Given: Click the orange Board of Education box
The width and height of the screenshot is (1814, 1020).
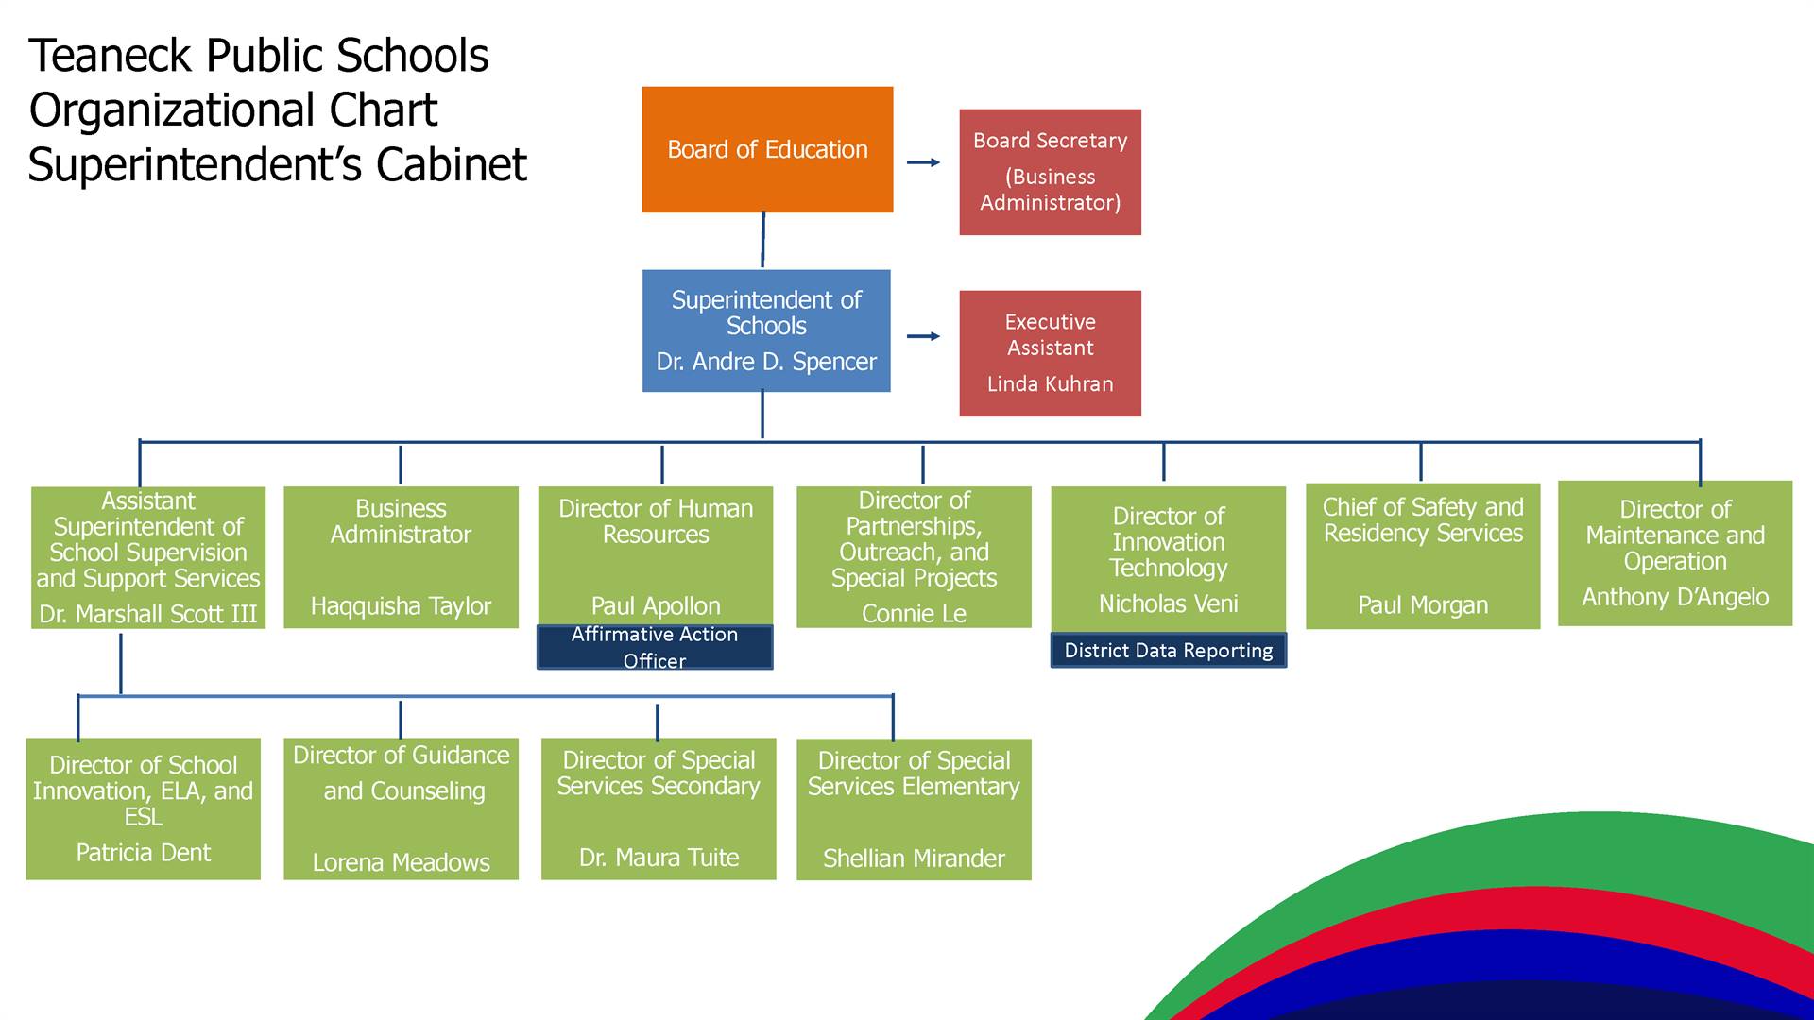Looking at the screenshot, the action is [767, 149].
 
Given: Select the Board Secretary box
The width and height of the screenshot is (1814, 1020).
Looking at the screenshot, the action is [1050, 172].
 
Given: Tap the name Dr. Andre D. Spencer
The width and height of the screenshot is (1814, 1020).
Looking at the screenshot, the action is [766, 362].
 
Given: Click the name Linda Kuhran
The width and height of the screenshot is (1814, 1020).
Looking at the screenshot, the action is [1050, 384].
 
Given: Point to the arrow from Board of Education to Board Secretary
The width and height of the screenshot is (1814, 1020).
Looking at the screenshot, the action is [923, 162].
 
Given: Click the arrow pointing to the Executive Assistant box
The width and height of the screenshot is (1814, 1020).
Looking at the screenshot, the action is [923, 336].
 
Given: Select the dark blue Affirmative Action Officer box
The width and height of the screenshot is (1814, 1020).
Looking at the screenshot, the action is [655, 648].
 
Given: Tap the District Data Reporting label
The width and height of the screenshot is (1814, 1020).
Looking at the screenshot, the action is [1169, 651].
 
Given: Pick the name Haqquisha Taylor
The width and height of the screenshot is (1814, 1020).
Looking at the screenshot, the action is [401, 606].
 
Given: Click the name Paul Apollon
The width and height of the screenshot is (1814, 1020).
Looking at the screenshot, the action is [656, 606].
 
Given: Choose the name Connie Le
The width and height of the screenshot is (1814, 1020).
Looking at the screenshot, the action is [914, 614].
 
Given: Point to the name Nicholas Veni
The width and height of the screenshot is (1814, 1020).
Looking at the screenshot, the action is [1168, 603].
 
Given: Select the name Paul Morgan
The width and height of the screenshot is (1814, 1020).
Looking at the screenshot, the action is [1423, 605].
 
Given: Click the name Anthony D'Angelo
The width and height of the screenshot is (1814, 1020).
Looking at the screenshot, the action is [1675, 597].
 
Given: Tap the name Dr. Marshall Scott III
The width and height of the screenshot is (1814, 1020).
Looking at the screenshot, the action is [148, 614].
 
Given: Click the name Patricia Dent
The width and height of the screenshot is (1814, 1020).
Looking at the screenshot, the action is [144, 853].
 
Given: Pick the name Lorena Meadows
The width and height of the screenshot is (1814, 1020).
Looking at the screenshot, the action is [401, 862].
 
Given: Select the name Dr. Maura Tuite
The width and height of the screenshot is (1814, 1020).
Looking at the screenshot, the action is [659, 858].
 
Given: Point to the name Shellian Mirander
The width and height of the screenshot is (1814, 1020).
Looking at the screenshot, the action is [914, 858].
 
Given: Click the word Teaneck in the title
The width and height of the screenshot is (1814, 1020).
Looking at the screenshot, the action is [111, 56].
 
